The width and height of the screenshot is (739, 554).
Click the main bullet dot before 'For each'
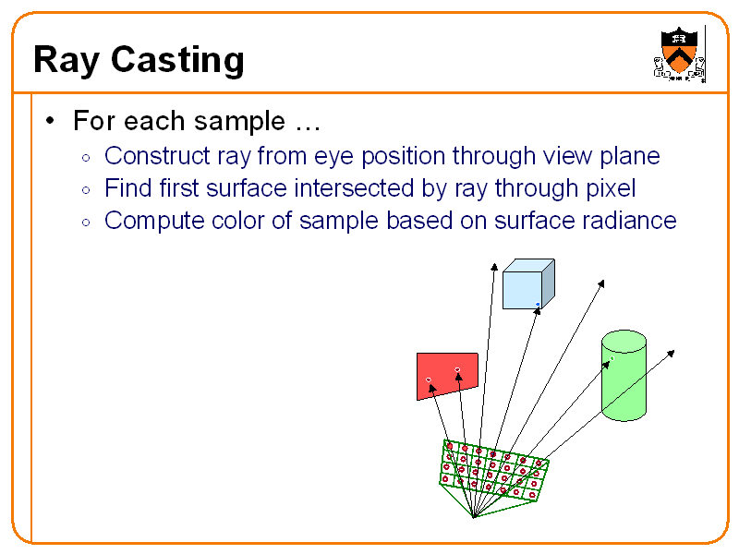[52, 121]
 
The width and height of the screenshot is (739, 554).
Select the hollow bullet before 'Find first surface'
[85, 190]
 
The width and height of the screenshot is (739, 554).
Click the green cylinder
[624, 379]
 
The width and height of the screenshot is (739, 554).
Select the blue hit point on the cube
[538, 304]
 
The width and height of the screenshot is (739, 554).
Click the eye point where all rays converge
[473, 517]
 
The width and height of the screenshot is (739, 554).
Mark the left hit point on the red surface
[429, 379]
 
